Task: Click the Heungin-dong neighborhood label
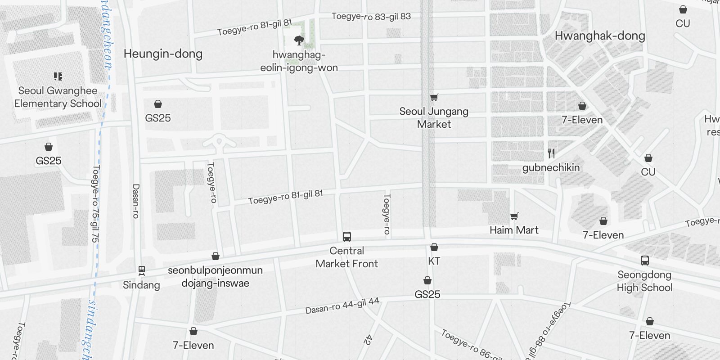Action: [x=163, y=54]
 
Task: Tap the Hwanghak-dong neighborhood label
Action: [x=600, y=36]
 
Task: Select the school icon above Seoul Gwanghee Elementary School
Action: [x=58, y=76]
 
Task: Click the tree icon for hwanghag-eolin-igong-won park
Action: [x=299, y=41]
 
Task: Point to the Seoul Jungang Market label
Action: [x=434, y=117]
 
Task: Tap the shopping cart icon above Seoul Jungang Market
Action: [x=434, y=97]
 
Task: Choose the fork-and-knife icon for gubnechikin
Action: [x=551, y=153]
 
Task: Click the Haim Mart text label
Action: [x=514, y=230]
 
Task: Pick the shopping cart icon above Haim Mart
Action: [x=514, y=216]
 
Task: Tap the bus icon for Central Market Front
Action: [x=347, y=237]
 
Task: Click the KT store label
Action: [x=434, y=261]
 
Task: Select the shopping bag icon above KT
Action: [x=434, y=247]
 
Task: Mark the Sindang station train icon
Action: [x=141, y=270]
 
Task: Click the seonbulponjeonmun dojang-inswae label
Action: [x=215, y=277]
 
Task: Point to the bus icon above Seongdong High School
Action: [x=644, y=261]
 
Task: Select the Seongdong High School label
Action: [x=644, y=281]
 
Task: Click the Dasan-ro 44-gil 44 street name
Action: [x=342, y=306]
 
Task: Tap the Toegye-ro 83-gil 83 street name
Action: [x=371, y=17]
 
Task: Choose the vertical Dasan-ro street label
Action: [x=136, y=201]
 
